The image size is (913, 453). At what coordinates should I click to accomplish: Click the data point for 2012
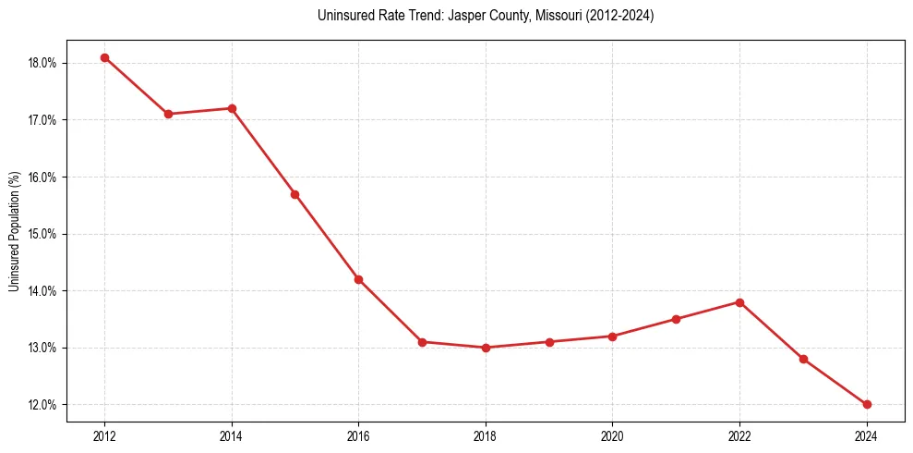(104, 57)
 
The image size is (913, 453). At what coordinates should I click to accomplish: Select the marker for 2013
(168, 114)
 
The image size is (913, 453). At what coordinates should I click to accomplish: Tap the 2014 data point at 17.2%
(232, 108)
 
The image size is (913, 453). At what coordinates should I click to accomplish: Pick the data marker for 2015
(294, 194)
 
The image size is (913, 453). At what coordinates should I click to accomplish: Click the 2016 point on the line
(358, 279)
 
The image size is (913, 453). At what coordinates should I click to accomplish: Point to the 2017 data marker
(422, 342)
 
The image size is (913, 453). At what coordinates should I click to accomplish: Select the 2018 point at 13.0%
(486, 348)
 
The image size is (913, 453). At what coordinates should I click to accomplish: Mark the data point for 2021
(676, 319)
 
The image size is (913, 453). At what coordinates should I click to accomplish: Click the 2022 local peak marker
(739, 302)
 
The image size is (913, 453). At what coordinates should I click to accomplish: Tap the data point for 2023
(803, 359)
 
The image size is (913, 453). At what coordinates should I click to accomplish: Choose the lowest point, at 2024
(867, 404)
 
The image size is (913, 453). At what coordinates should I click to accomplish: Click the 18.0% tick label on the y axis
(42, 63)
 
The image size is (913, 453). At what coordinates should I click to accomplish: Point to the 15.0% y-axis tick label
(42, 234)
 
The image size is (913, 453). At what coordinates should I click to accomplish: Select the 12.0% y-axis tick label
(42, 405)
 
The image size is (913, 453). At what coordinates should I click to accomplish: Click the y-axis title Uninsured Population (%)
(14, 231)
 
